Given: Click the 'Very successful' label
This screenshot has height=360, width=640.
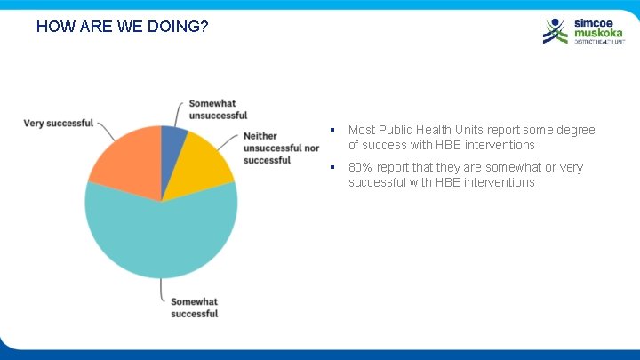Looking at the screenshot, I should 58,123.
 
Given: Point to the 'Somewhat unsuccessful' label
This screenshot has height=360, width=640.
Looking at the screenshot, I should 218,109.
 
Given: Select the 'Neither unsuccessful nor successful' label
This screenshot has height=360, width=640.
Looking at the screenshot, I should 281,148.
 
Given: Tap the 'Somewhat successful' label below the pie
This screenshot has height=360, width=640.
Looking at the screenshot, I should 194,308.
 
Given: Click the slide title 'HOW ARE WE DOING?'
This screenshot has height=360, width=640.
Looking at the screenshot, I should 123,27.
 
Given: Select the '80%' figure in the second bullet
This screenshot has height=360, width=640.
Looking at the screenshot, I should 361,167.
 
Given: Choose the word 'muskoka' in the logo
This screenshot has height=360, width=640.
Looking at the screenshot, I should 597,33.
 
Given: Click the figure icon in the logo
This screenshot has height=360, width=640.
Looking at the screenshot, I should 556,30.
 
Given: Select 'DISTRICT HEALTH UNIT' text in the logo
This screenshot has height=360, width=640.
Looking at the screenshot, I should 597,42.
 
